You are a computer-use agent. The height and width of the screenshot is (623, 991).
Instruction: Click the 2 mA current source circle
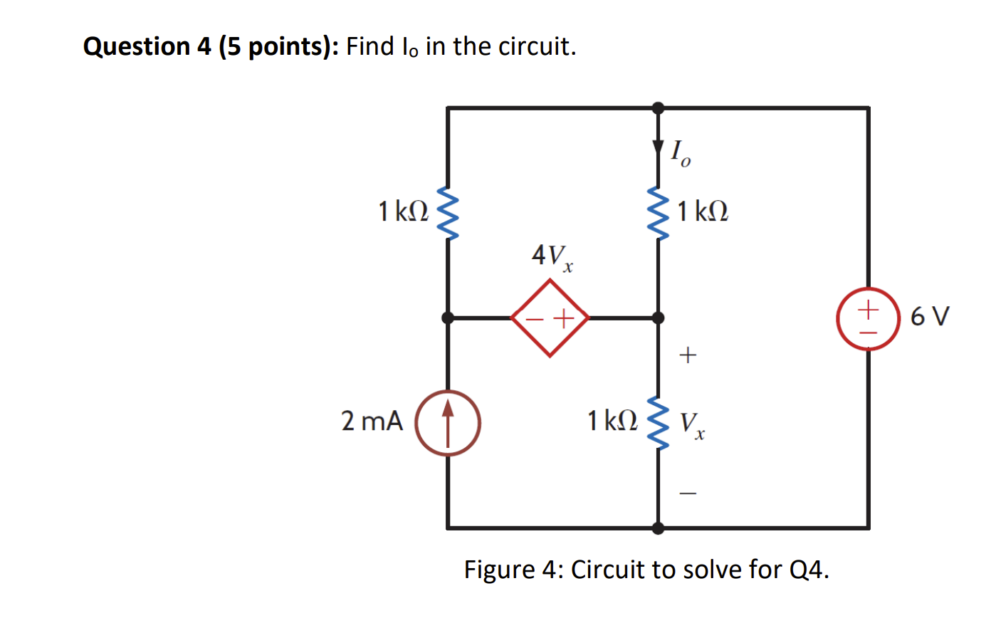tap(448, 423)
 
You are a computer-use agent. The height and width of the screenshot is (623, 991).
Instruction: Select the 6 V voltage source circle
tap(868, 318)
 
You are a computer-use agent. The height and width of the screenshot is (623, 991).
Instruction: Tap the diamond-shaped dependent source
tap(550, 318)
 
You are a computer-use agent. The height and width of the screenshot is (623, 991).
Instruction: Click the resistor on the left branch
tap(448, 214)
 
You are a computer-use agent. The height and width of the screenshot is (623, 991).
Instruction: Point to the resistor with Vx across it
tap(659, 424)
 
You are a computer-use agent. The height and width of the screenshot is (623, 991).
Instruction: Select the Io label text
tap(680, 152)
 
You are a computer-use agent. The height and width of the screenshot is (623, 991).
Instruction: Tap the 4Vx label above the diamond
tap(552, 256)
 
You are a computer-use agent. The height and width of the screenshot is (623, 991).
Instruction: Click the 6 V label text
tap(929, 316)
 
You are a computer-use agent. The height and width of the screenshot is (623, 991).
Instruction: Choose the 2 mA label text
tap(372, 421)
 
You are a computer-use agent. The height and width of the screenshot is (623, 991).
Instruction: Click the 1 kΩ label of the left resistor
tap(403, 211)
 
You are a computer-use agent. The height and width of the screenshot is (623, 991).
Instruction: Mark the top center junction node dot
tap(659, 108)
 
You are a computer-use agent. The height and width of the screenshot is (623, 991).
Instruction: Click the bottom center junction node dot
tap(659, 528)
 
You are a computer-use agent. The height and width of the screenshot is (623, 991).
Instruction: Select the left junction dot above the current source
tap(448, 318)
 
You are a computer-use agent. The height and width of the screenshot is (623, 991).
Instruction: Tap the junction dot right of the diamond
tap(659, 318)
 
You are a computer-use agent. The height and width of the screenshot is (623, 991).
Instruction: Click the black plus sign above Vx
tap(687, 355)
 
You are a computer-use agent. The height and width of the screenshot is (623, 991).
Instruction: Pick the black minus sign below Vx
tap(687, 493)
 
